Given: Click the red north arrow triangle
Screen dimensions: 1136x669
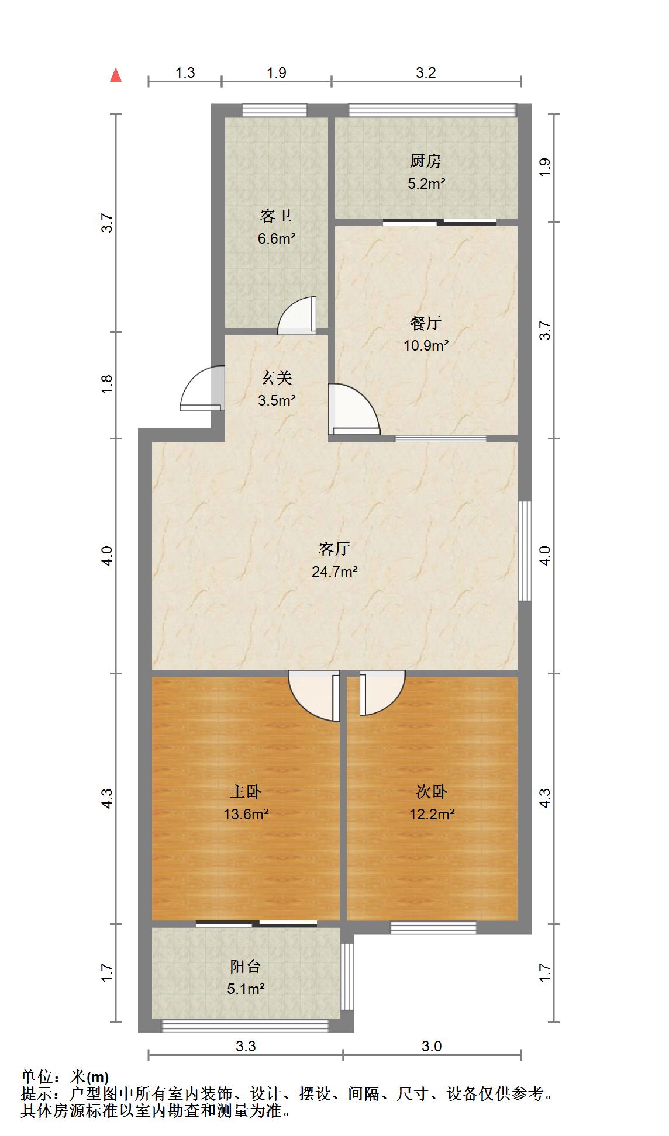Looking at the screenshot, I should pos(116,75).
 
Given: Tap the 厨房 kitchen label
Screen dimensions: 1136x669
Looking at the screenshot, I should pos(425,161).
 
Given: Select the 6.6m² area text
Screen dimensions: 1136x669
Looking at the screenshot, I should pos(276,238).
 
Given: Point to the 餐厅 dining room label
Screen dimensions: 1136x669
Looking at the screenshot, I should pos(426,323).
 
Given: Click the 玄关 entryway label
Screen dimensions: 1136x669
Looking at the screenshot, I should pos(276,378).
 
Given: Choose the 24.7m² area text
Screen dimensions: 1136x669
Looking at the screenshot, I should pos(334,572).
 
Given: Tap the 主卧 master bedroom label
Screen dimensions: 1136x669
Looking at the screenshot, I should pos(246,791).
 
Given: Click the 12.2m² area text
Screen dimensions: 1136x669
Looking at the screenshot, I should pos(432,813).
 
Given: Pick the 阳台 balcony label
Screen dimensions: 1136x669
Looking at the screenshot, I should pos(246,967).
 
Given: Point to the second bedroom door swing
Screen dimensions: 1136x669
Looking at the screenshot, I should pos(381,694).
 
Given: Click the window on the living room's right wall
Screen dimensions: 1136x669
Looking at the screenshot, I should pos(525,550).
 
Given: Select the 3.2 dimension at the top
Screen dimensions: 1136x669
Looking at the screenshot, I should pos(426,72).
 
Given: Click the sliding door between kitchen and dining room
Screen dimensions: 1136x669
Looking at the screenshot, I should pos(440,222).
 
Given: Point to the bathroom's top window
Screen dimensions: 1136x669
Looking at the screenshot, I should pos(274,110).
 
